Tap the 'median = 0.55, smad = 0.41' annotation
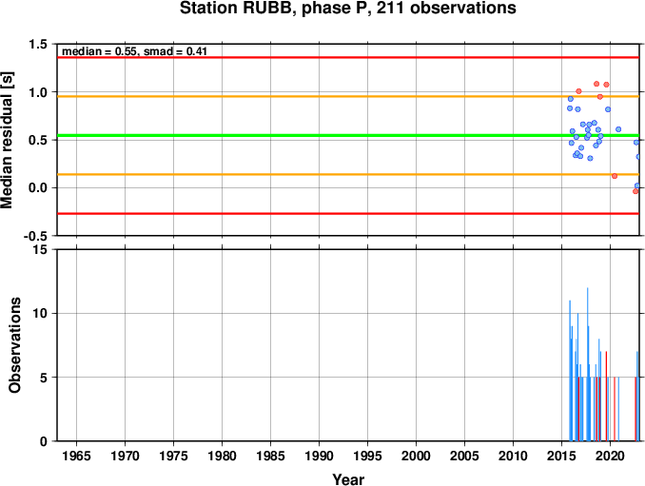tap(134, 51)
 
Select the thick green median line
tap(348, 136)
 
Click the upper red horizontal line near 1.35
tap(348, 58)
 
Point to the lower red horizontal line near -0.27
tap(348, 214)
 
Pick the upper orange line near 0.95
tap(348, 97)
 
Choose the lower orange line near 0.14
tap(348, 175)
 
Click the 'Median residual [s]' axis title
tap(7, 140)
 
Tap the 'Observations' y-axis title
tap(15, 345)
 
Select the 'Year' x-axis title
tap(348, 479)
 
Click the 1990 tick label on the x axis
tap(320, 456)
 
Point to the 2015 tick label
tap(561, 456)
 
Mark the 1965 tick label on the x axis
tap(76, 456)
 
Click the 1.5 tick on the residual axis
tap(38, 44)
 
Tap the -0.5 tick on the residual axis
tap(35, 236)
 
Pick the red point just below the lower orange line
tap(615, 176)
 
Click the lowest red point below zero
tap(635, 191)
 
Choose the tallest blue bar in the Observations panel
tap(587, 364)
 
